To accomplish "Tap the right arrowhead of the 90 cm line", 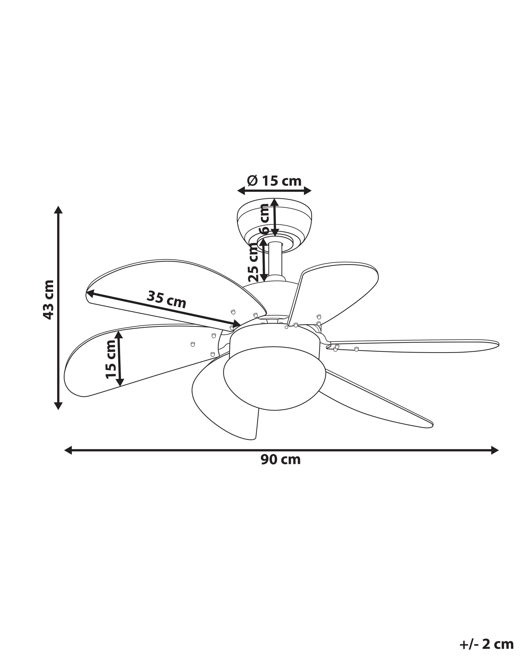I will pos(494,450).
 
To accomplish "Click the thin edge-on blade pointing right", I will pos(414,346).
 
